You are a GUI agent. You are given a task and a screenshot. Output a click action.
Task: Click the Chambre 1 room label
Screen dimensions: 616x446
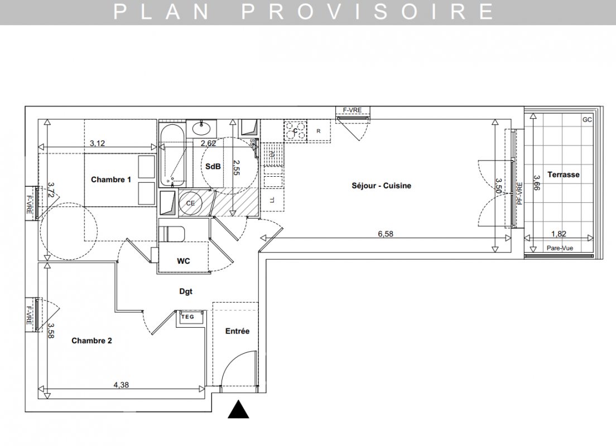pos(111,180)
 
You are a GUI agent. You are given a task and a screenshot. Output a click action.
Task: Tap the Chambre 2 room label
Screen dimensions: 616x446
pos(92,341)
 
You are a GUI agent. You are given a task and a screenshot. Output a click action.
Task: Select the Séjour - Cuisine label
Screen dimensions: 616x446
pos(381,186)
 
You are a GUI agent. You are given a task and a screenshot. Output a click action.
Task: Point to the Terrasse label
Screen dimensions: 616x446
pos(564,174)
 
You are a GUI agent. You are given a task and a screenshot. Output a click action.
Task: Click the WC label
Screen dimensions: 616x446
pos(184,261)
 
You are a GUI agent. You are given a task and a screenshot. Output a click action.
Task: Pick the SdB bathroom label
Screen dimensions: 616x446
pos(213,167)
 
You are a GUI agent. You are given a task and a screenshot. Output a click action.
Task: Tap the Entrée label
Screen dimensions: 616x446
pos(237,331)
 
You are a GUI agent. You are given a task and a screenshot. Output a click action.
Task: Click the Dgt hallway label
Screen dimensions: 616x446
pos(186,292)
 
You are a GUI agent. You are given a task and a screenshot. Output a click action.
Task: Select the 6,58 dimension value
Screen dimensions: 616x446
pos(386,234)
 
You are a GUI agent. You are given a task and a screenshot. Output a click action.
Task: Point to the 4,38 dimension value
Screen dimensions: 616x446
pos(121,385)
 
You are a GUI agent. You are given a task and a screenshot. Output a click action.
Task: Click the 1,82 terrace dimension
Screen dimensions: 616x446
pos(559,234)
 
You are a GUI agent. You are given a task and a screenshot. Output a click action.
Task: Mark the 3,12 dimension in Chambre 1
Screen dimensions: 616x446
pos(98,143)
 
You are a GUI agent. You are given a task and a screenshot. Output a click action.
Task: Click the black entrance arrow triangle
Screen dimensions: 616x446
pos(238,410)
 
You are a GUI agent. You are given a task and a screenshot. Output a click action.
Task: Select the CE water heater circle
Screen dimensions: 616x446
pos(190,203)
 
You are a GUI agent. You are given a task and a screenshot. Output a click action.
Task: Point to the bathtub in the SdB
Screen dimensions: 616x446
pos(172,156)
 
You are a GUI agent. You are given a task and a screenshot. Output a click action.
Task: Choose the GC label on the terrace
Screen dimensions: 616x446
pos(587,120)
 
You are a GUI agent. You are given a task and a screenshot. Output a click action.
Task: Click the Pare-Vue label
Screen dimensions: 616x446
pos(560,248)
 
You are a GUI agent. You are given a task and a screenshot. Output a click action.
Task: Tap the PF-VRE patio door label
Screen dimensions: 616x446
pos(520,193)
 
